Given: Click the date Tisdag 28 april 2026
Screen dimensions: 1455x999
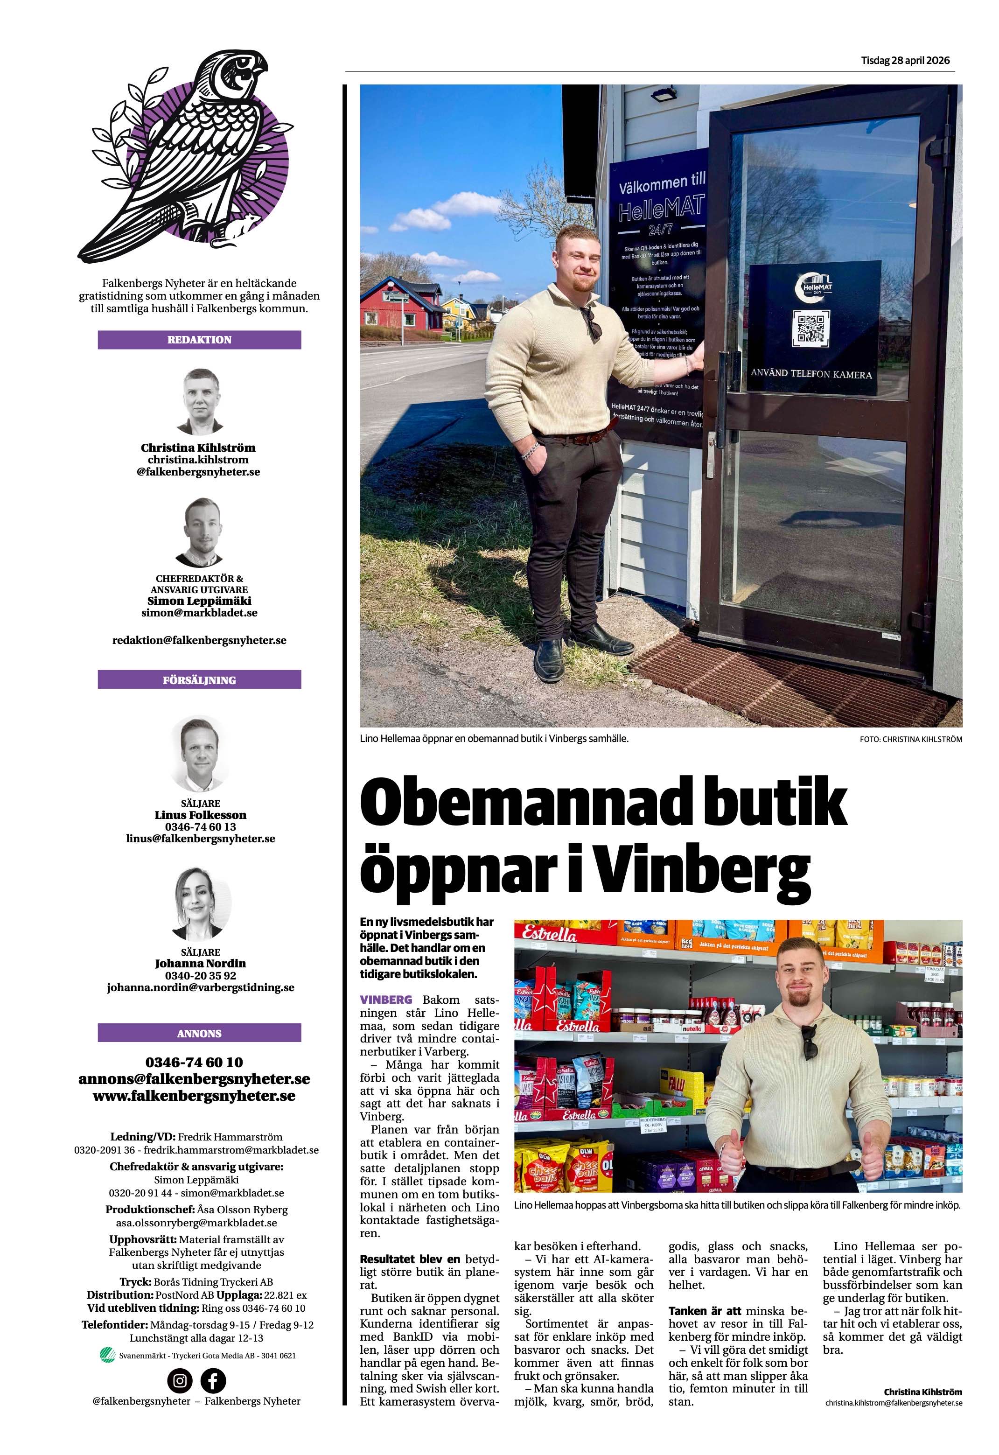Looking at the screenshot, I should (x=905, y=61).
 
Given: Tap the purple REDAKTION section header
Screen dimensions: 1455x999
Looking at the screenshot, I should (x=199, y=340).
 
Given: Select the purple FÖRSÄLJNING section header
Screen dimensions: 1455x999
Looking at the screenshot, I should (x=199, y=680).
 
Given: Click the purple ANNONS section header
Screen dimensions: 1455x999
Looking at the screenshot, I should (x=199, y=1033).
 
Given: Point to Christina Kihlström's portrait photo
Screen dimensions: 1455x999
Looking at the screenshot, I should (x=202, y=402).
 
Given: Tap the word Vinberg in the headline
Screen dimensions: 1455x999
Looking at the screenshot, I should (x=704, y=870).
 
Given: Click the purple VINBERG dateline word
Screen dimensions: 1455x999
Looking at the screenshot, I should (x=385, y=1000).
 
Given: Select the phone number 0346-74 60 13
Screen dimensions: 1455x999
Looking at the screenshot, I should (x=200, y=827).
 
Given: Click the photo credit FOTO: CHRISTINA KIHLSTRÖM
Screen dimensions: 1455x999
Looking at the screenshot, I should (x=911, y=739).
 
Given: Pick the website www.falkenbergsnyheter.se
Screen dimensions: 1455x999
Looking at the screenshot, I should (x=194, y=1096).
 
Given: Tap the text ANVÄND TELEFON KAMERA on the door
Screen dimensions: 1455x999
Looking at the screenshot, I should (x=811, y=374).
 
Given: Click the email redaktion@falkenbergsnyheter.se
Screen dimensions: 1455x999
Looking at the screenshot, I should (x=199, y=641).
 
